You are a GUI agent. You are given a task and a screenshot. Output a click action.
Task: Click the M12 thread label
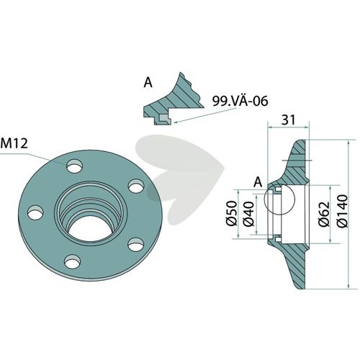(x=14, y=143)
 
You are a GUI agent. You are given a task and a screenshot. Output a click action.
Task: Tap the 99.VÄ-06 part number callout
(x=240, y=101)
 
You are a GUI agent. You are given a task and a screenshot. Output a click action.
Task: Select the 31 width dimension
(x=288, y=120)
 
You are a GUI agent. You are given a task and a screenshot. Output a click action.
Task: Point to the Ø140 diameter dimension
(x=343, y=211)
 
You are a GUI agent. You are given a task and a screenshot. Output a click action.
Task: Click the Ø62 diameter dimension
(x=324, y=214)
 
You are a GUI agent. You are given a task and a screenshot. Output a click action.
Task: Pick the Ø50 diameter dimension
(x=232, y=213)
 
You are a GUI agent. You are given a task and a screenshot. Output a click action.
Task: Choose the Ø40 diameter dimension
(x=248, y=213)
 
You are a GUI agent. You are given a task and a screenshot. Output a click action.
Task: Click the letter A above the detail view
(x=148, y=83)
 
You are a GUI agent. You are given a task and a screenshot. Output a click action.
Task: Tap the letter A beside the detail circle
(x=258, y=182)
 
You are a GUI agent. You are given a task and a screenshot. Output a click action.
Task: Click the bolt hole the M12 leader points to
(x=75, y=166)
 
